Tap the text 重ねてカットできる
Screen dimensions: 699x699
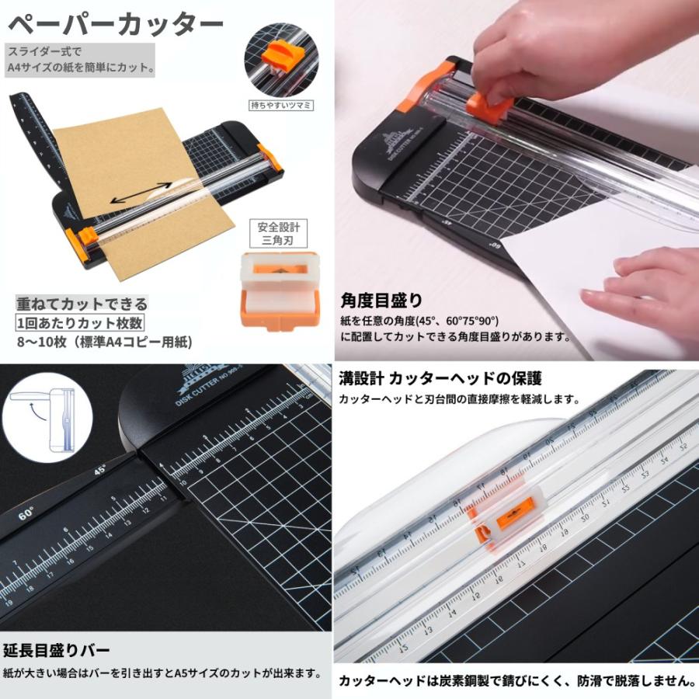click(x=82, y=304)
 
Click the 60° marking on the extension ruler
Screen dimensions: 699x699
click(x=26, y=513)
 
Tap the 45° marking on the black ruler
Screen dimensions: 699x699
click(x=99, y=469)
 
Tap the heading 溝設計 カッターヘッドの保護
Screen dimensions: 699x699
click(x=440, y=379)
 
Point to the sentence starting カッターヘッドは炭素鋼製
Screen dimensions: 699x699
click(x=516, y=681)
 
